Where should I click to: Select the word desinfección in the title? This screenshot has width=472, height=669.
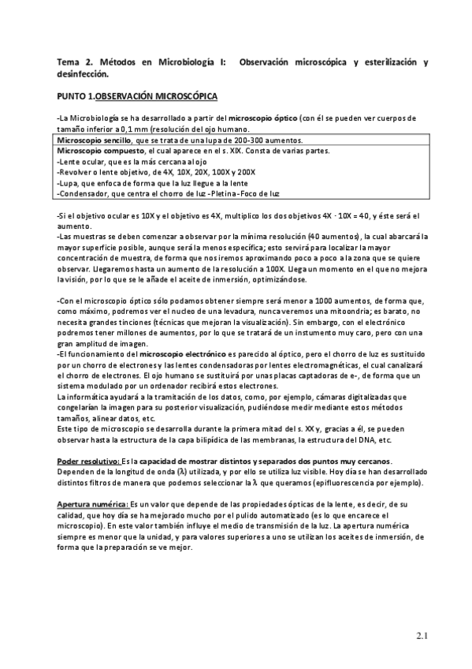pos(84,74)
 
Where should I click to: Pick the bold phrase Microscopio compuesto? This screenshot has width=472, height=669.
pos(98,151)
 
